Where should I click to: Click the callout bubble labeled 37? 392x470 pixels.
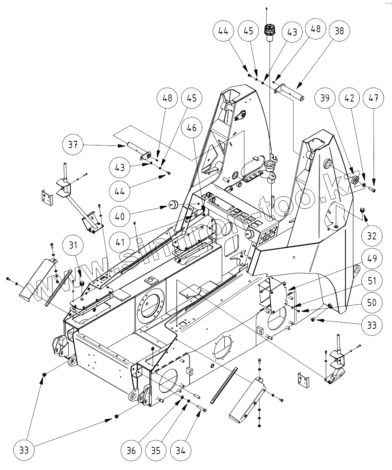[x=74, y=145]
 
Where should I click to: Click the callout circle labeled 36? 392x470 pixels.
[x=131, y=451]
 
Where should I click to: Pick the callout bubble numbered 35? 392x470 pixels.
[x=156, y=451]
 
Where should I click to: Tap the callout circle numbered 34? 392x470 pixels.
[x=181, y=451]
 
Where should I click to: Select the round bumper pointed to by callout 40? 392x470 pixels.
[x=173, y=205]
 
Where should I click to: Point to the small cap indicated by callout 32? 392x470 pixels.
[x=364, y=209]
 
